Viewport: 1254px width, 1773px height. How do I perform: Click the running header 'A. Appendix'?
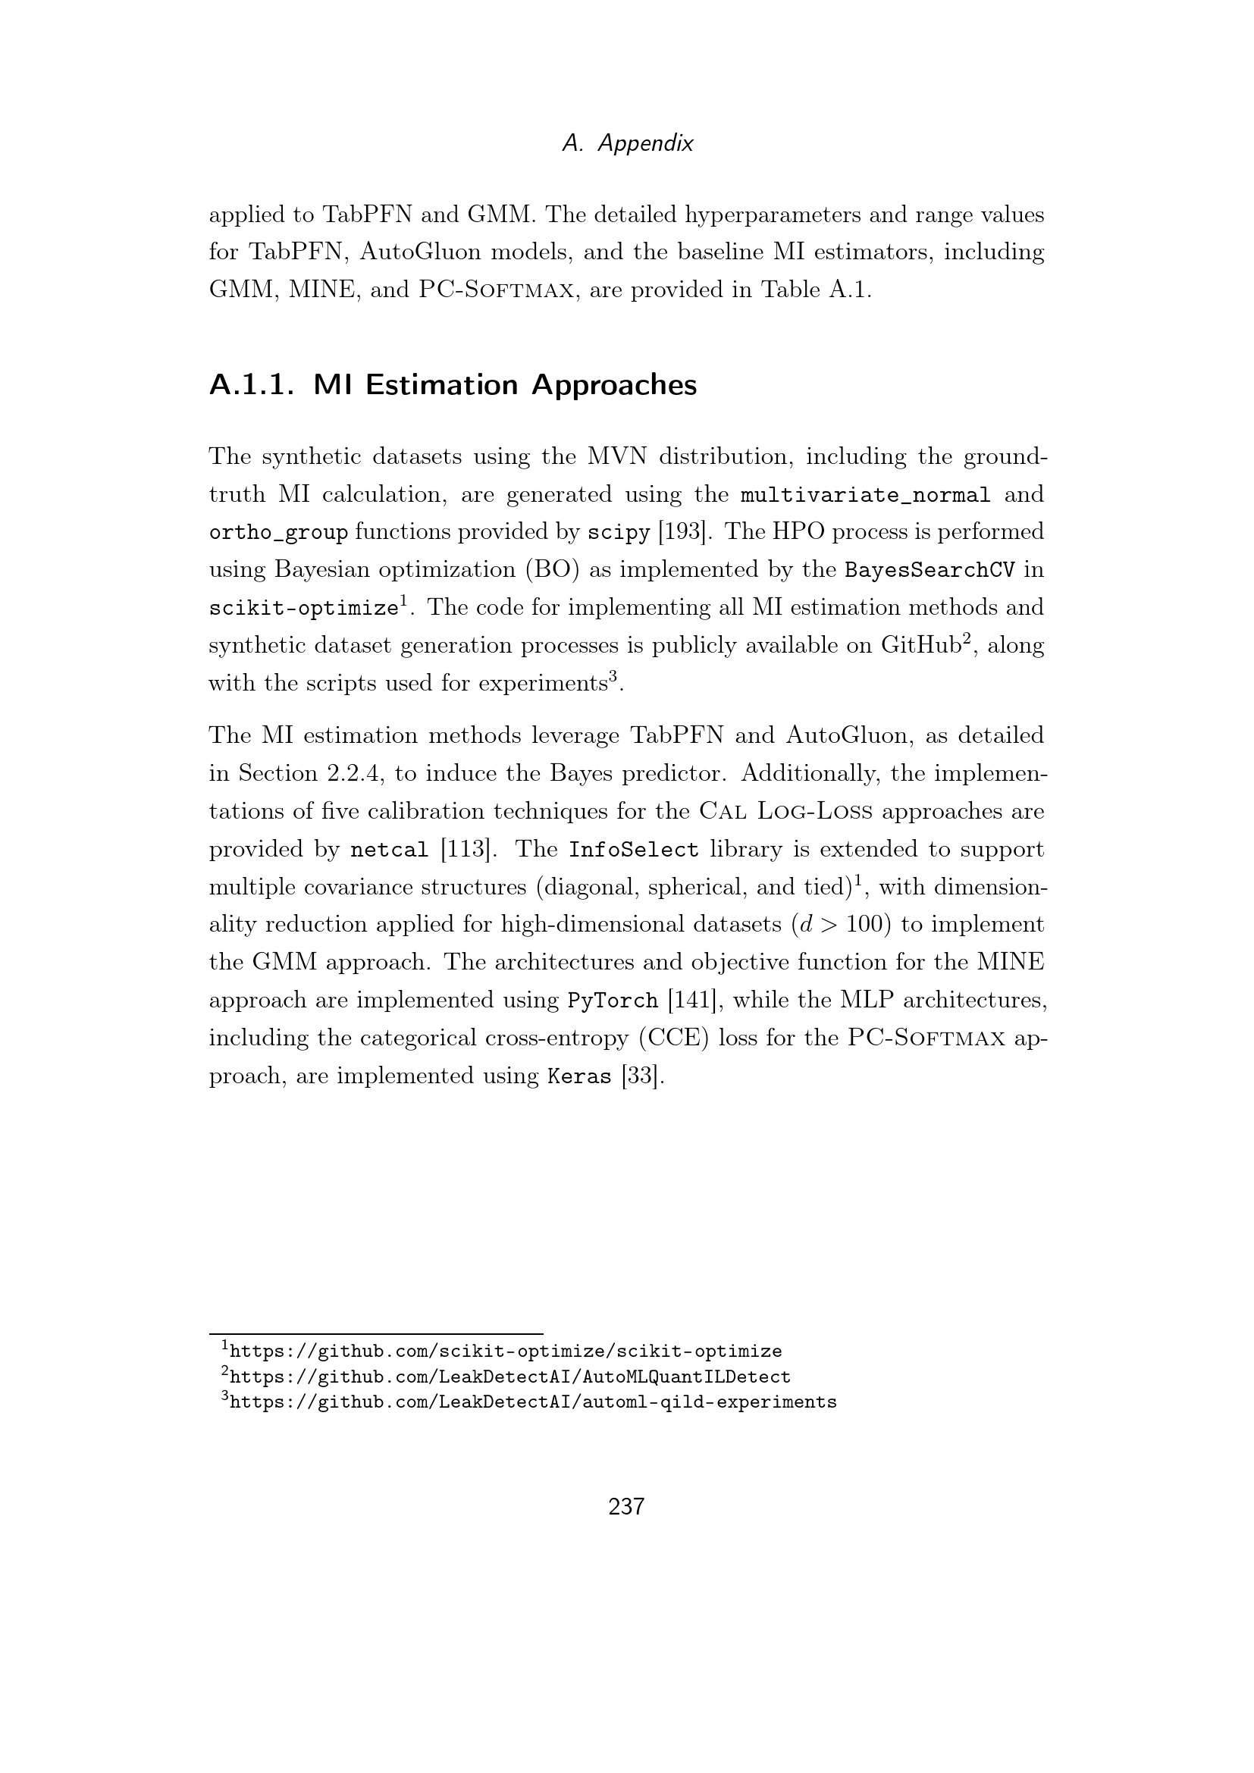[x=627, y=143]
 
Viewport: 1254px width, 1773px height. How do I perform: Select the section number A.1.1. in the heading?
[x=252, y=384]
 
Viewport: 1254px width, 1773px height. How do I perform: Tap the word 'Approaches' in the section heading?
[x=614, y=384]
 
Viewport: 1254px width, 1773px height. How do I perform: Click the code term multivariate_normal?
[x=865, y=494]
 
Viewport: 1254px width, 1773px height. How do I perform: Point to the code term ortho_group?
[x=278, y=532]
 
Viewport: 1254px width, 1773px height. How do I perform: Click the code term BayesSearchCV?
[x=929, y=570]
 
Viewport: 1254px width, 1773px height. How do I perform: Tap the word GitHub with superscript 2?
[x=920, y=646]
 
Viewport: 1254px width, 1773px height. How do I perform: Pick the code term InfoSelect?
[x=633, y=850]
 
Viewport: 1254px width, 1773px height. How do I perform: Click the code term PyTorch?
[x=613, y=1001]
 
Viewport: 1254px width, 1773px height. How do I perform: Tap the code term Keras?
[x=579, y=1076]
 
